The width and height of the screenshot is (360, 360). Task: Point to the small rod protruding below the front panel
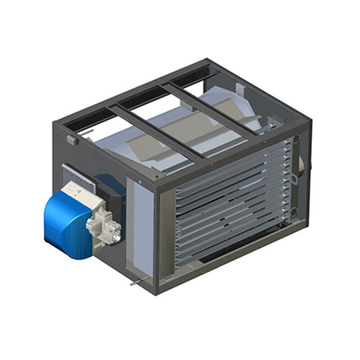click(133, 283)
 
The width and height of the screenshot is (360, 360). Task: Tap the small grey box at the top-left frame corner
click(75, 140)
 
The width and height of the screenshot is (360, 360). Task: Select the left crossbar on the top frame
click(157, 130)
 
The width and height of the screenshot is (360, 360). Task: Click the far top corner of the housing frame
click(207, 61)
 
